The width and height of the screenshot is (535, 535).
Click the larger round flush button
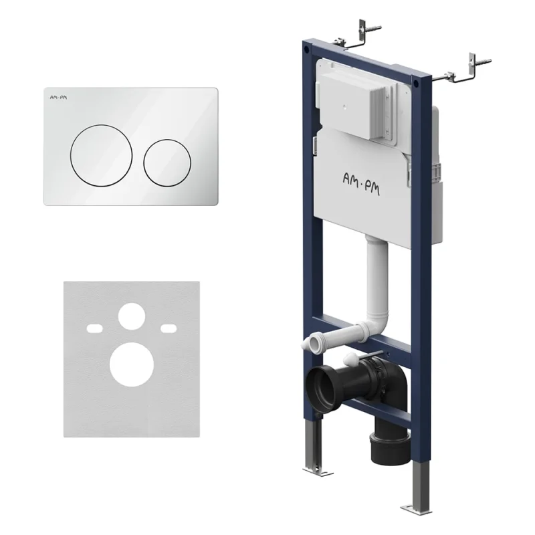[102, 155]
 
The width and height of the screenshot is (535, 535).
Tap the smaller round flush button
[167, 163]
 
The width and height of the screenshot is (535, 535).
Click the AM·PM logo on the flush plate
[59, 98]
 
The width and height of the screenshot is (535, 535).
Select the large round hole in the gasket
[126, 364]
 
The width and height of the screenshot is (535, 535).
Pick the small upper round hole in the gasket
[132, 316]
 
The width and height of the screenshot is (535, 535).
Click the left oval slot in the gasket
[94, 328]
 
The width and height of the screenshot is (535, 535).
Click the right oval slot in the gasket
[169, 328]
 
